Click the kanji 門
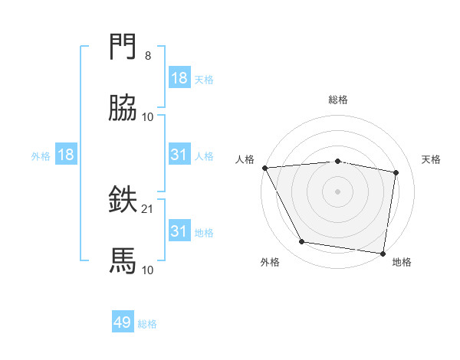pos(123,47)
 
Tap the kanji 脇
pos(123,109)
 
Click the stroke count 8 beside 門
pos(148,55)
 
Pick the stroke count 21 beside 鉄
pos(148,208)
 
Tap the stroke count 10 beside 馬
pos(148,270)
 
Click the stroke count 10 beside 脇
pos(148,116)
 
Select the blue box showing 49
pos(123,323)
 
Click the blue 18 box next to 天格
pos(179,78)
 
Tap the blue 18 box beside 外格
pos(66,155)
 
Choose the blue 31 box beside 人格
pos(179,155)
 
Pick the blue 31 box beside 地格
pos(179,231)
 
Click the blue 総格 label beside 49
pos(147,324)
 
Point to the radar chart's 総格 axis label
pos(338,100)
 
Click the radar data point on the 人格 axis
pos(264,167)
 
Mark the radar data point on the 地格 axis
pos(383,253)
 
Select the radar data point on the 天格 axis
pos(396,172)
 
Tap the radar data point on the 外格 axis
pos(301,243)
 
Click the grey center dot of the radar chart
pos(338,191)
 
